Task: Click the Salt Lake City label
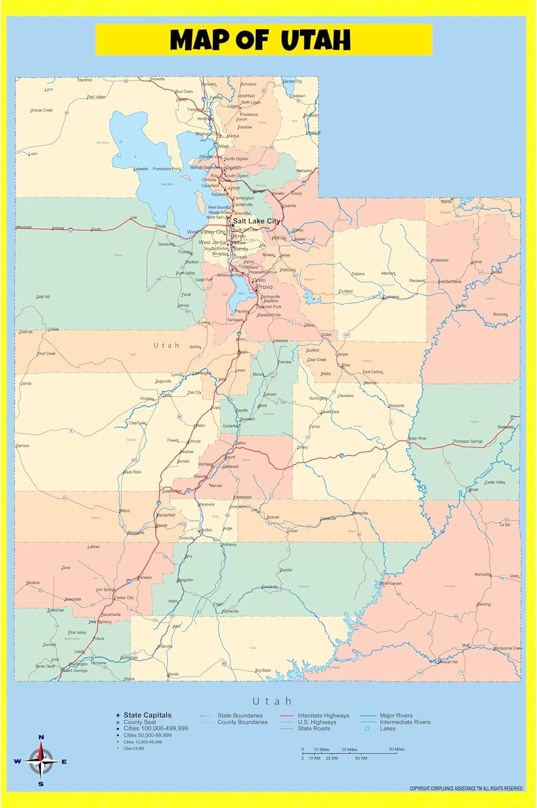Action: click(256, 221)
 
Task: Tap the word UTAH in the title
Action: click(316, 40)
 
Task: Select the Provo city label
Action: click(264, 287)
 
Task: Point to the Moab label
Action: click(473, 490)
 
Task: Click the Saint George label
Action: click(75, 671)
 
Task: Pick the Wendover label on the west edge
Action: click(24, 227)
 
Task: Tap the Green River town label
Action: click(417, 438)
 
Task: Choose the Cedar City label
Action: click(124, 597)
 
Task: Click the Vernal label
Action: click(477, 262)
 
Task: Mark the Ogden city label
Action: click(233, 168)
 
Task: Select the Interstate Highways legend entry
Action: click(323, 715)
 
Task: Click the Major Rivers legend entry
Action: click(396, 715)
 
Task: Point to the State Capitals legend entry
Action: click(147, 715)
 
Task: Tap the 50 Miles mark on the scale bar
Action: click(396, 749)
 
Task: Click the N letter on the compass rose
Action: click(41, 737)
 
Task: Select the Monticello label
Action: click(482, 575)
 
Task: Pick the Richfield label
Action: click(205, 464)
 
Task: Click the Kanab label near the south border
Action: click(173, 674)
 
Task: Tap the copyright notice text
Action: click(466, 789)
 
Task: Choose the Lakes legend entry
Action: click(387, 728)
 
